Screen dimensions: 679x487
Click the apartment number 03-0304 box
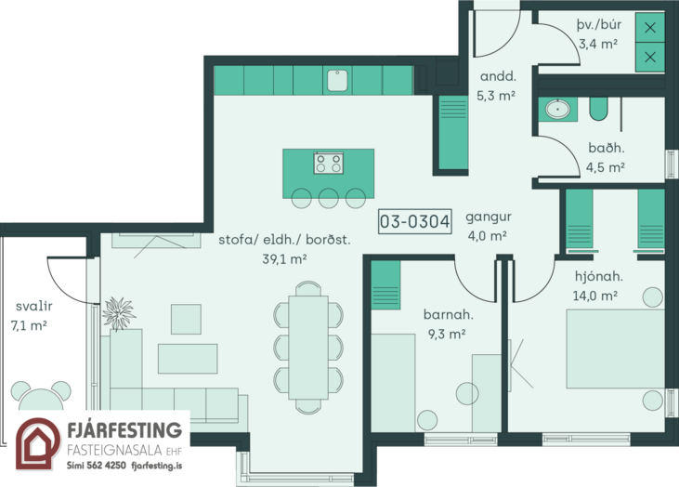[x=415, y=221]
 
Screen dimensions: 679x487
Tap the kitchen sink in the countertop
[x=337, y=81]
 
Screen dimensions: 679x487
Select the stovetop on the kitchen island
[x=329, y=163]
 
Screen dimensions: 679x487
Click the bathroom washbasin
[x=557, y=109]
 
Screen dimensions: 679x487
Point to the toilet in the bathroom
[x=598, y=109]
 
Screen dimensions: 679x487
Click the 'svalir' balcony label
[x=33, y=306]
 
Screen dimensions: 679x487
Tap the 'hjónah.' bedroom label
[x=599, y=276]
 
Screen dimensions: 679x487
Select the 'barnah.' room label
[x=449, y=314]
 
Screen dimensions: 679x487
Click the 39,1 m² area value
[x=284, y=259]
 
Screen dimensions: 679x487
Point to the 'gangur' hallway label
[x=489, y=217]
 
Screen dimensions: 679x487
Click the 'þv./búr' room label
[x=599, y=25]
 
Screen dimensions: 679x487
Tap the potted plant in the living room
[x=118, y=314]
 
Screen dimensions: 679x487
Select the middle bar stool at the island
[x=329, y=199]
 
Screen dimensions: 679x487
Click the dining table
[x=308, y=347]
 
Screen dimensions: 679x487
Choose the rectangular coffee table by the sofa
[x=188, y=359]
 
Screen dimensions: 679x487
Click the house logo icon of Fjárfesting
[x=38, y=443]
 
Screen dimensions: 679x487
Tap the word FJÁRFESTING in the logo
[x=124, y=430]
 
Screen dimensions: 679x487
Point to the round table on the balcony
[x=41, y=399]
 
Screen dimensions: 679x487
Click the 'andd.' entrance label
[x=498, y=77]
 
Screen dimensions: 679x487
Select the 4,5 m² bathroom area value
[x=606, y=166]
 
